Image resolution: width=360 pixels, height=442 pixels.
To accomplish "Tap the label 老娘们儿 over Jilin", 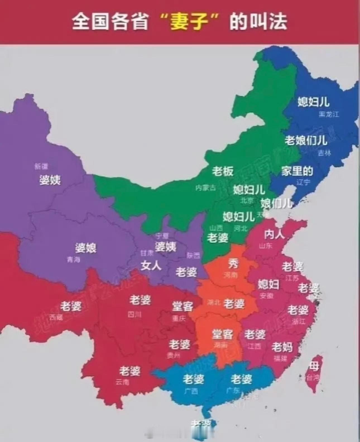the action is pyautogui.click(x=306, y=140).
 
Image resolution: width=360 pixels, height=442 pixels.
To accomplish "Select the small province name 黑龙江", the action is pyautogui.click(x=329, y=114).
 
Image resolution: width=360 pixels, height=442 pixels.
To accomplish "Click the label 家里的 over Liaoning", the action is pyautogui.click(x=297, y=171).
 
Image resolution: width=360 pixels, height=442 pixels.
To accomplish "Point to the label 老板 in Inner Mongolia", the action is pyautogui.click(x=222, y=171).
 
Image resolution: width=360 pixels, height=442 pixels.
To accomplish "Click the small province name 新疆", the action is pyautogui.click(x=41, y=167).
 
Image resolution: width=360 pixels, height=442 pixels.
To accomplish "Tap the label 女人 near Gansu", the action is pyautogui.click(x=151, y=265).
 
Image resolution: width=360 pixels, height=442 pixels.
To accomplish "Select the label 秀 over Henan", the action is pyautogui.click(x=233, y=263).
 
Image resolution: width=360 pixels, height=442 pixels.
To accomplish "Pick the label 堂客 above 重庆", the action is pyautogui.click(x=183, y=306).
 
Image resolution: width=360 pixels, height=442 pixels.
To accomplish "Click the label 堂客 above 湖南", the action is pyautogui.click(x=222, y=334).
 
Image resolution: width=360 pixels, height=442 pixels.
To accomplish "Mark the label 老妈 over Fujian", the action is pyautogui.click(x=282, y=347).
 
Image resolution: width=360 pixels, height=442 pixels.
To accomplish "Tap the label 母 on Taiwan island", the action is pyautogui.click(x=314, y=366).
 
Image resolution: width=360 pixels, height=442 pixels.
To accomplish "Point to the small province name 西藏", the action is pyautogui.click(x=56, y=317).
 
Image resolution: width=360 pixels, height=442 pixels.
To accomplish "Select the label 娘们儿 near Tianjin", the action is pyautogui.click(x=276, y=203).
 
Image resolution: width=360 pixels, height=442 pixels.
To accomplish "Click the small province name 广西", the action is pyautogui.click(x=191, y=391).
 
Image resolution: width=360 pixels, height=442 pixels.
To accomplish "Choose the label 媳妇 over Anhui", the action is pyautogui.click(x=268, y=284).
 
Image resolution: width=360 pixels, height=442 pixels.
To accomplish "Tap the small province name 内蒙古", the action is pyautogui.click(x=205, y=188).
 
